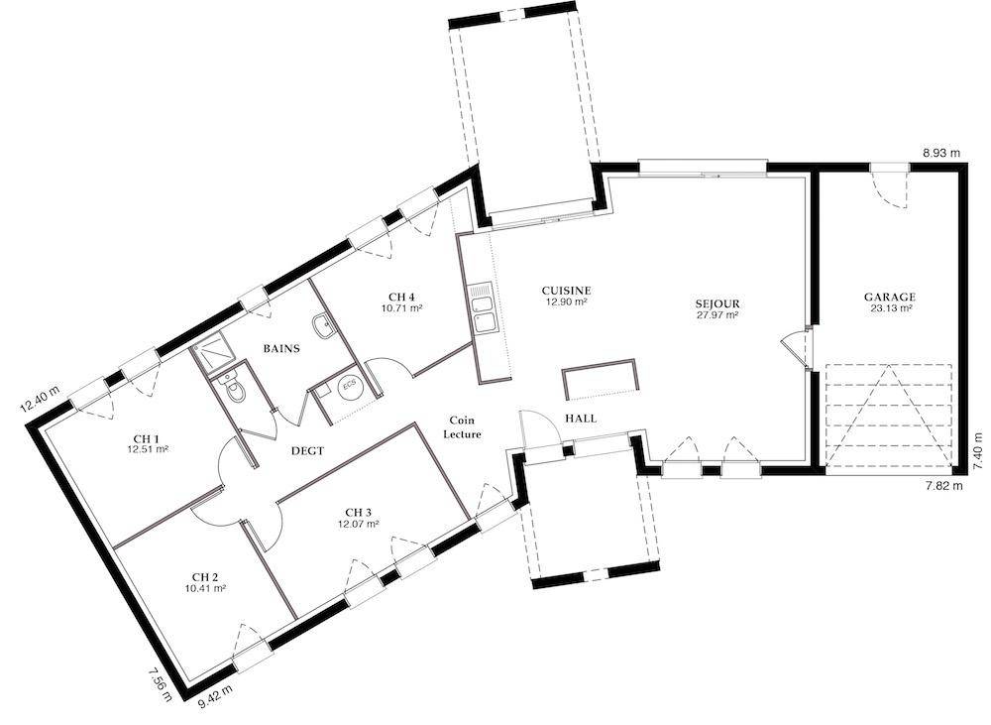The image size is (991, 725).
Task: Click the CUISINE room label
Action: click(566, 291)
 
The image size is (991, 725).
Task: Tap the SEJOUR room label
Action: click(717, 304)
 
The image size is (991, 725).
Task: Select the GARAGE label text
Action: click(890, 297)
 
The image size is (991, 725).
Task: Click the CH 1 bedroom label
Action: click(147, 438)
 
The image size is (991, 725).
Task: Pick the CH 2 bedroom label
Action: click(205, 576)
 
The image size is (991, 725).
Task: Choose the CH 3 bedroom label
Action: click(359, 512)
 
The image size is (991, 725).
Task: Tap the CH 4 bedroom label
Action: click(401, 297)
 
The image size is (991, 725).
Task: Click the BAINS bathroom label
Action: click(281, 348)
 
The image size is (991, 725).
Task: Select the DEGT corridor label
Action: click(308, 451)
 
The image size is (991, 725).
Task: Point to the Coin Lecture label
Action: click(462, 427)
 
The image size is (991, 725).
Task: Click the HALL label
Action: click(580, 419)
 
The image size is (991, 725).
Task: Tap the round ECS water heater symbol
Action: click(350, 388)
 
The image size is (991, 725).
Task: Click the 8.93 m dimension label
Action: click(941, 153)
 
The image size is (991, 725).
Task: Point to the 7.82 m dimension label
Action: click(944, 486)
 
